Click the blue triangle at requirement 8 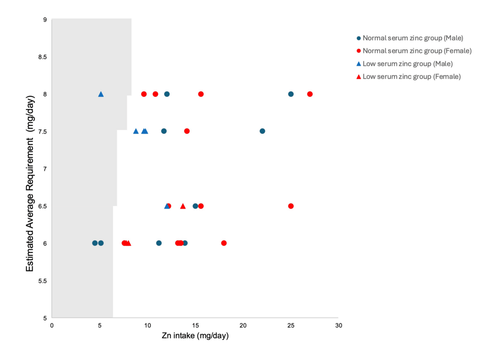pyautogui.click(x=101, y=94)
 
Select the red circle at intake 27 pyautogui.click(x=310, y=94)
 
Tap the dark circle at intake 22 pyautogui.click(x=262, y=131)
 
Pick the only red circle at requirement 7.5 pyautogui.click(x=187, y=131)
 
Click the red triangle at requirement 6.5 pyautogui.click(x=183, y=206)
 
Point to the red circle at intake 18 pyautogui.click(x=224, y=243)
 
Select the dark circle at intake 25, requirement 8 pyautogui.click(x=291, y=94)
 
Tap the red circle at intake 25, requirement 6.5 pyautogui.click(x=291, y=206)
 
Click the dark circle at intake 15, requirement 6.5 pyautogui.click(x=195, y=206)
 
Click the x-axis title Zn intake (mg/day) pyautogui.click(x=195, y=336)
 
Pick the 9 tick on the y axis pyautogui.click(x=45, y=19)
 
